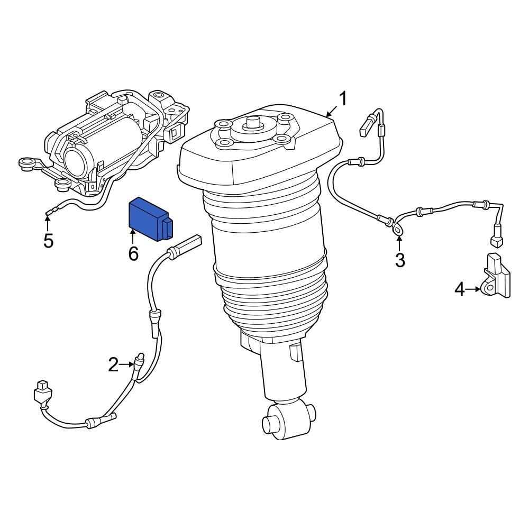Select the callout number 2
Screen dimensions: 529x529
pos(113,364)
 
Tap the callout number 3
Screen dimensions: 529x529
pos(399,260)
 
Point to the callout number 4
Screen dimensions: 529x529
pos(460,289)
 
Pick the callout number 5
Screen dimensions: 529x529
pos(48,241)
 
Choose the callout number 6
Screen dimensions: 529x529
pos(133,254)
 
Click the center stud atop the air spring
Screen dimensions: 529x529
pos(253,123)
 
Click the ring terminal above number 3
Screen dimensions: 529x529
pos(396,229)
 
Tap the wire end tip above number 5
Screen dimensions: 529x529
pos(48,214)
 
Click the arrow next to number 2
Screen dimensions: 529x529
pos(128,364)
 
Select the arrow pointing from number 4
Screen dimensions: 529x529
pos(474,289)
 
